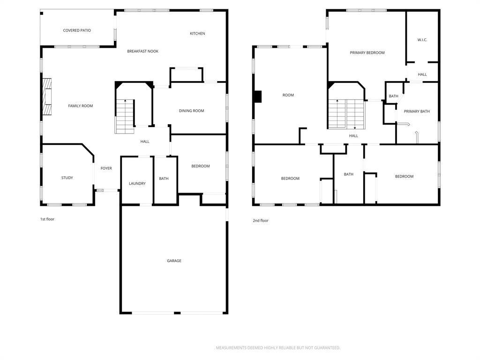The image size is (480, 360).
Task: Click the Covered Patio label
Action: [x=77, y=30]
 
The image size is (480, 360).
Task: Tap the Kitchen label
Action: [x=197, y=33]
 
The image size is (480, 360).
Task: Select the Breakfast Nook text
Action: [x=142, y=51]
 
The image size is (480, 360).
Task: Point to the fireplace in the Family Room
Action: [x=46, y=97]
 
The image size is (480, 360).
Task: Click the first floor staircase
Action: [x=125, y=116]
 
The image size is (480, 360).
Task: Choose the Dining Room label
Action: [x=191, y=111]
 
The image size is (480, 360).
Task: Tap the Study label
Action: [x=67, y=178]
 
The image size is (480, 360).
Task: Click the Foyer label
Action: [x=106, y=168]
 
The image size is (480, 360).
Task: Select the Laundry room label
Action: [x=137, y=183]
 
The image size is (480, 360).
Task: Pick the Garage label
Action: [x=174, y=261]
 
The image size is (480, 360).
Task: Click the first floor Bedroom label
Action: [x=201, y=166]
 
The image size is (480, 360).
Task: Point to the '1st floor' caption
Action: [x=47, y=219]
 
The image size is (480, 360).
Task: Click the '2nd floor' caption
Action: [x=261, y=220]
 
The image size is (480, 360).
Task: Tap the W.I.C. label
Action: [x=422, y=40]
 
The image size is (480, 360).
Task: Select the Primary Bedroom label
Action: [x=367, y=52]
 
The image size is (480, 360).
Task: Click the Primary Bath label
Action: [x=417, y=111]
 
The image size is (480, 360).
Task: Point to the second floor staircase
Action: [x=346, y=114]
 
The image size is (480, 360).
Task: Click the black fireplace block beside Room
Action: [x=257, y=96]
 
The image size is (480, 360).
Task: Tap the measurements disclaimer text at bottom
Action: [x=277, y=348]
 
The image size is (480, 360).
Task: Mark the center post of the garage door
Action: [x=177, y=313]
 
